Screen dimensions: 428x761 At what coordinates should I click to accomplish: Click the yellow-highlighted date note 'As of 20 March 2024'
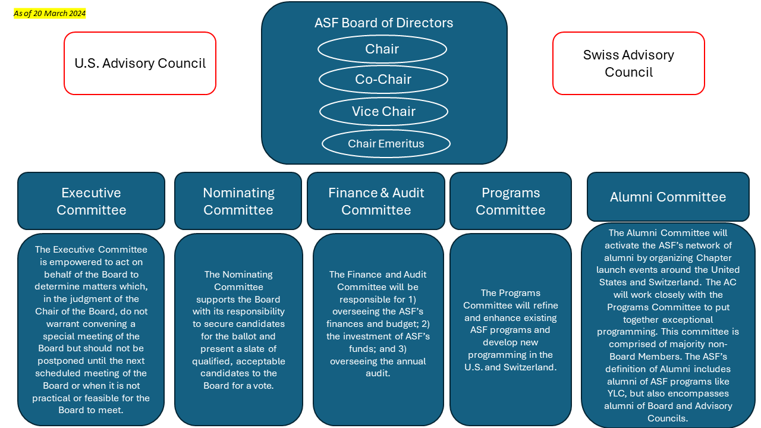point(50,14)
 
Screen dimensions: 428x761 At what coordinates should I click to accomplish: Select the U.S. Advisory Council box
point(140,64)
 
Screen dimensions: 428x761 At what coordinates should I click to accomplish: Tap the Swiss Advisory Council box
point(628,64)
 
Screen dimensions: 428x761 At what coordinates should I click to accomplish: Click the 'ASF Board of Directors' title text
point(383,23)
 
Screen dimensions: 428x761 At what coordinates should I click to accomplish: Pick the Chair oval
point(382,49)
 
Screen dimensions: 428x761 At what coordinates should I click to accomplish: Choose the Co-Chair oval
point(383,79)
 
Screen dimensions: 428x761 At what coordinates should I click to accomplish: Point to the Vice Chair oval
point(383,111)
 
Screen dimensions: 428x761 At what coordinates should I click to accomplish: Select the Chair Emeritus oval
point(386,143)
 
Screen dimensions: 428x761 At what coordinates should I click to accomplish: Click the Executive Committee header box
point(91,201)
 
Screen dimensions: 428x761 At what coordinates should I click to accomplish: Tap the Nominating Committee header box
point(238,201)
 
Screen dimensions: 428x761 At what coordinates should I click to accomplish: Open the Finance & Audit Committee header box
point(376,201)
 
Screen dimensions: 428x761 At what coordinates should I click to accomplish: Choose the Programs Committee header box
point(510,201)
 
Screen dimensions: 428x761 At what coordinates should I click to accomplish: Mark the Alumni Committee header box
point(668,197)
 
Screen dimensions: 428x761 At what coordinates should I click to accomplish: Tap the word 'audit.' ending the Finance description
point(378,373)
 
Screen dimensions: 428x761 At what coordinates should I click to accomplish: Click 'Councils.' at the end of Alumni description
point(668,418)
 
